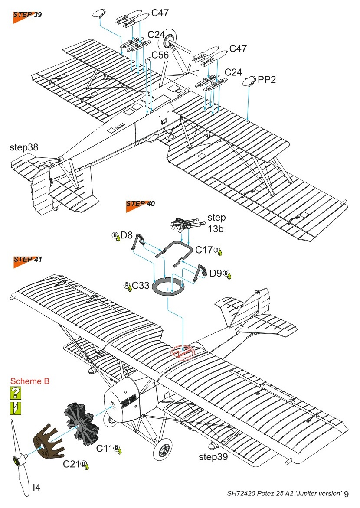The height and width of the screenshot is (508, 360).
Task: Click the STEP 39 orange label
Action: pos(27,15)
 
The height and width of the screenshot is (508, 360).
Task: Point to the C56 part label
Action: pos(160,55)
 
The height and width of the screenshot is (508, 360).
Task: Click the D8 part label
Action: pos(126,236)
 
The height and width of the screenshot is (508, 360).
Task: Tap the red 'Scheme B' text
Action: pos(30,381)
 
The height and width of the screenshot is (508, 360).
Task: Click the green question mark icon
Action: pos(16,393)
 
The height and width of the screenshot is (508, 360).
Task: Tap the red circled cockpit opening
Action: pos(184,352)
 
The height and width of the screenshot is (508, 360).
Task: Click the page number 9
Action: pos(353,494)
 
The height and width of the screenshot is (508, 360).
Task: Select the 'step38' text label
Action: pos(24,147)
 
